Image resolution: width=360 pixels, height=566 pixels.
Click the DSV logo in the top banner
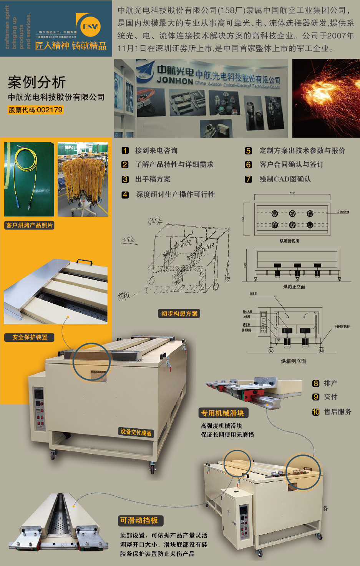click(89, 26)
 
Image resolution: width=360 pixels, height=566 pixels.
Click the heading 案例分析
click(37, 82)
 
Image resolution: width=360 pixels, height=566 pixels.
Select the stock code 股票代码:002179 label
click(36, 110)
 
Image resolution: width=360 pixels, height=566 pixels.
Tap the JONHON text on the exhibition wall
click(175, 80)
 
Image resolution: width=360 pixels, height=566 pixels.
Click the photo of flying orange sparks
click(326, 98)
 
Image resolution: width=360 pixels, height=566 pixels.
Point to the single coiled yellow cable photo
click(29, 179)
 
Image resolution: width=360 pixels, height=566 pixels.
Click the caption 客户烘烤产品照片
click(30, 225)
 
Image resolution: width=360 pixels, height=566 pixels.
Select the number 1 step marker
click(125, 150)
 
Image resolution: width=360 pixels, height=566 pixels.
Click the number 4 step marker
click(125, 195)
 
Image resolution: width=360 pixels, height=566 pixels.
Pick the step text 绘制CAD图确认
click(285, 179)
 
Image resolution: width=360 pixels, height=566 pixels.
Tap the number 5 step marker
click(249, 151)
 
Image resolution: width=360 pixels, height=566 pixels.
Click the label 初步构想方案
click(179, 314)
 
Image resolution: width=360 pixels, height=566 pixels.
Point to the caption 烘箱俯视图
click(289, 241)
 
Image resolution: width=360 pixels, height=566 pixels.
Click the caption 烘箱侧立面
click(294, 361)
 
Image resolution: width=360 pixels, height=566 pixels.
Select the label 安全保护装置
click(30, 337)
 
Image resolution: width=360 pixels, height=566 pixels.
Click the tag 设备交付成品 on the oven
click(136, 432)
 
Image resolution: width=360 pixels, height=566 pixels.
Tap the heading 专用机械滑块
click(223, 413)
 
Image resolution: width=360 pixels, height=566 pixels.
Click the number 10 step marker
click(316, 412)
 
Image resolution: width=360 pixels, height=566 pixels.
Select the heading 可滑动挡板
click(139, 521)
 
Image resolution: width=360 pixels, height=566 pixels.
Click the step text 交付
click(330, 397)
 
